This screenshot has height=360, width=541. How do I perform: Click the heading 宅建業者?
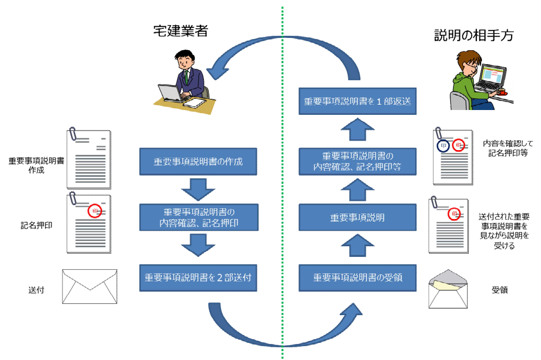(179, 32)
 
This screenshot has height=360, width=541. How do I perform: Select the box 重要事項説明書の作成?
(198, 161)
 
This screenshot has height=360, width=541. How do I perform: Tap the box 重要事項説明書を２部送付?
(198, 278)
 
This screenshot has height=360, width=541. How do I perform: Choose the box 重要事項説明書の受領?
(357, 278)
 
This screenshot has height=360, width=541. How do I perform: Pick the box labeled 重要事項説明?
(357, 218)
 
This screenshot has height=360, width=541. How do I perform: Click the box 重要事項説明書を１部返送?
(357, 101)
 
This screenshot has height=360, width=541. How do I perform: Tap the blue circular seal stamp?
(443, 145)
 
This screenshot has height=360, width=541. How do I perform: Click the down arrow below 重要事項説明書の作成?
(198, 189)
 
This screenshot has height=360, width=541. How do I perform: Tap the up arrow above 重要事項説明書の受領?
(357, 247)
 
